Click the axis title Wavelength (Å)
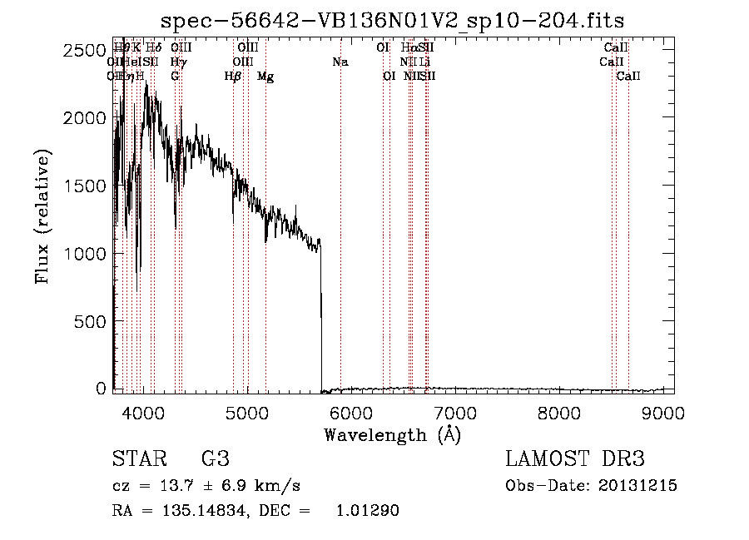tap(392, 434)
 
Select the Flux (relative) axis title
tap(42, 216)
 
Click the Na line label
tap(340, 62)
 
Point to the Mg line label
tap(265, 77)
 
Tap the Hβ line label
tap(233, 77)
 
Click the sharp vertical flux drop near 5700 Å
tap(321, 316)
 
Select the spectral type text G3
tap(215, 458)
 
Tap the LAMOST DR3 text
tap(575, 458)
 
